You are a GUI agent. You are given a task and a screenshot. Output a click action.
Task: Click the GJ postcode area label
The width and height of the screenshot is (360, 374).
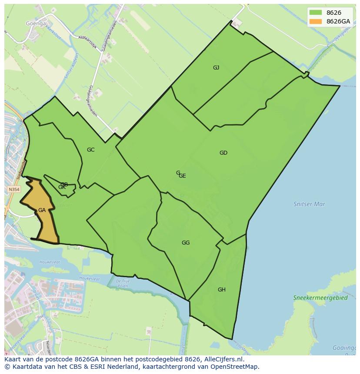pos(216,68)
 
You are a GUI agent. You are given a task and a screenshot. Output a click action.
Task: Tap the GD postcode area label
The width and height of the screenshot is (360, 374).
pos(223,153)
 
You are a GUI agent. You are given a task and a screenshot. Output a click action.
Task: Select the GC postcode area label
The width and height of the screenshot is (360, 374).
pos(90,150)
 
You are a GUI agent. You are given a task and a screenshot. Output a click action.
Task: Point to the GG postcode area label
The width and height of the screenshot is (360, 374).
pos(186,243)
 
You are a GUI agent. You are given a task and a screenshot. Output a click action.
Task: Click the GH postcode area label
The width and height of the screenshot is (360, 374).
pos(222,290)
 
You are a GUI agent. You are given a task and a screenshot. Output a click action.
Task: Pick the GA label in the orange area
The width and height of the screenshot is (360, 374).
pos(42,210)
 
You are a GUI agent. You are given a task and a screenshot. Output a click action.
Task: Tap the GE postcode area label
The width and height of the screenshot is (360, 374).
pos(183,176)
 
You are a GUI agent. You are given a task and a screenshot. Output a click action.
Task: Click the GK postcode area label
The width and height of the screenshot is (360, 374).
pos(62,187)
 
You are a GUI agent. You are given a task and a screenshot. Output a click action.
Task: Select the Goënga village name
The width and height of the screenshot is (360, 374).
pos(36,23)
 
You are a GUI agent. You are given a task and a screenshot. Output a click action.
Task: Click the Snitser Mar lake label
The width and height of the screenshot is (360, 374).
pos(309,204)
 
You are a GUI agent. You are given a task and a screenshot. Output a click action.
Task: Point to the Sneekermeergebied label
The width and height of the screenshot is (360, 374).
pos(320,298)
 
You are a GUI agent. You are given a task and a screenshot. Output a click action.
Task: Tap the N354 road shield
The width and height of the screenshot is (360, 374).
pos(14,190)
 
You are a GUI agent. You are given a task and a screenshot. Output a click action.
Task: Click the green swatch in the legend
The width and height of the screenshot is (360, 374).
pos(316,13)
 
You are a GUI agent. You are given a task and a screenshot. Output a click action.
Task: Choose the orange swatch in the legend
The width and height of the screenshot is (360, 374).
pos(316,21)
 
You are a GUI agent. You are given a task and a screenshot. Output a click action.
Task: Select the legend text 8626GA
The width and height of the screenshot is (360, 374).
pos(338,21)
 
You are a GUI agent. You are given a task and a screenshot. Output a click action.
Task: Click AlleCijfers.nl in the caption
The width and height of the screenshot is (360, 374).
pos(224,360)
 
